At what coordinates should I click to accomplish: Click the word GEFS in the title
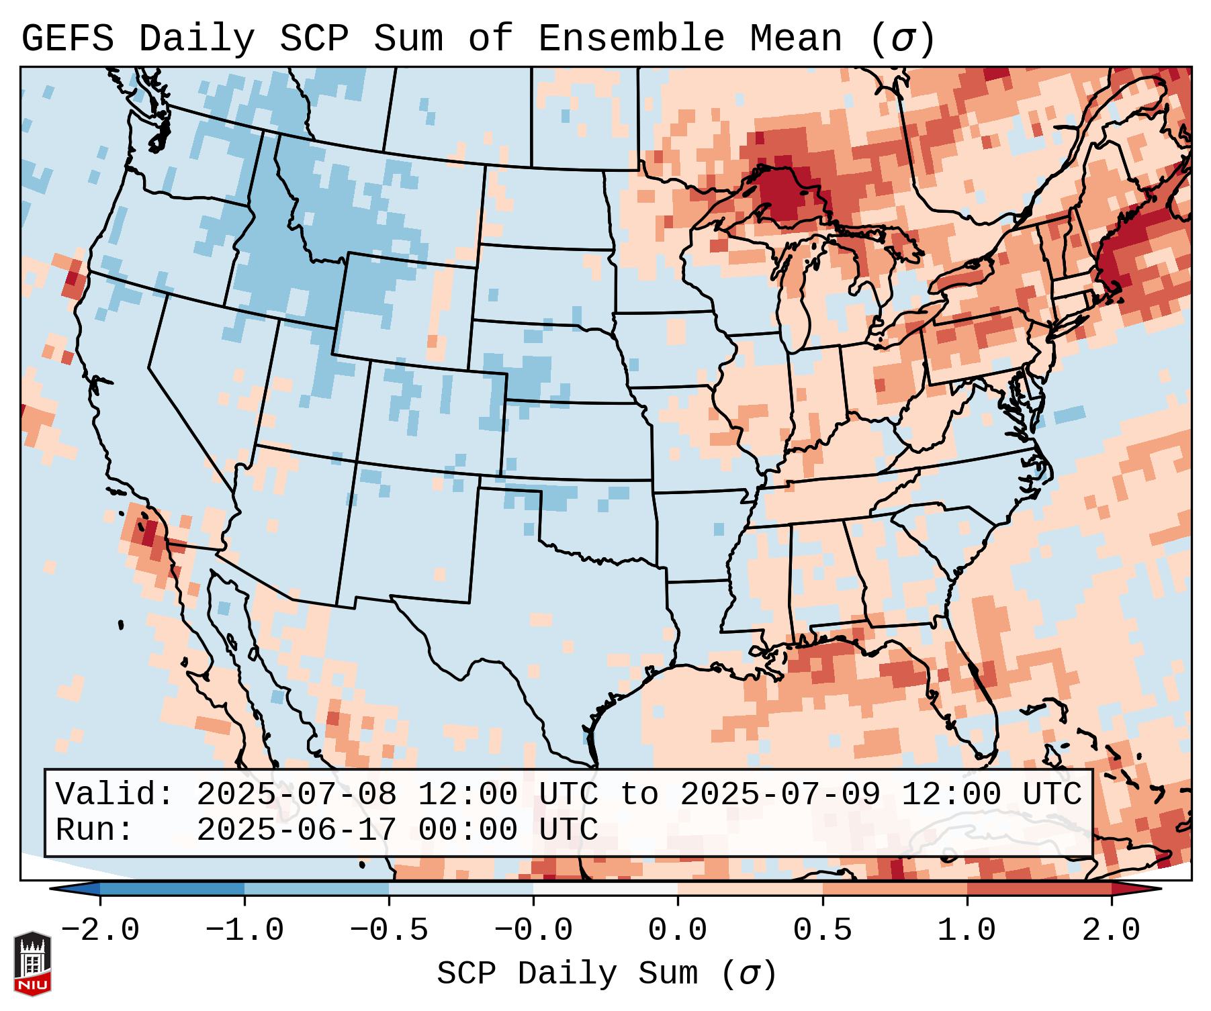pos(68,39)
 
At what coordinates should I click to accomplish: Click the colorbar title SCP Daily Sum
pos(567,973)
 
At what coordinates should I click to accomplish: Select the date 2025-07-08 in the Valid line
pos(296,795)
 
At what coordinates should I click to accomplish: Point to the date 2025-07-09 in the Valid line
pos(780,795)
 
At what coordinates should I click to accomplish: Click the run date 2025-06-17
pos(296,830)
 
